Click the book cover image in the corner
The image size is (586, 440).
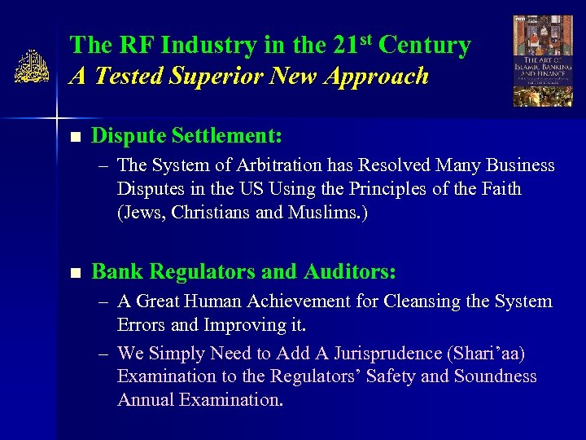point(542,61)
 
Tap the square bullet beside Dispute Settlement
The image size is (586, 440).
point(76,135)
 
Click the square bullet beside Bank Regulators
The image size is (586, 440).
point(76,272)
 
